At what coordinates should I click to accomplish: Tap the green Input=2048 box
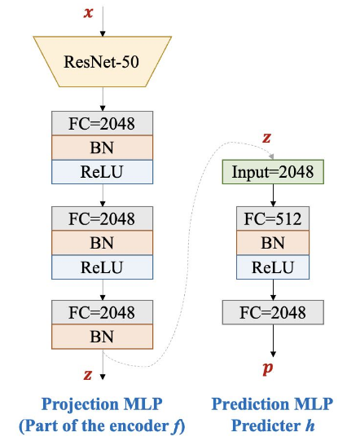pyautogui.click(x=273, y=172)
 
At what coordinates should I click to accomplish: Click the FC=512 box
pyautogui.click(x=273, y=219)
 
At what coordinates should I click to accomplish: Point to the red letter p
pyautogui.click(x=267, y=368)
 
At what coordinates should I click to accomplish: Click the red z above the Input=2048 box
pyautogui.click(x=266, y=137)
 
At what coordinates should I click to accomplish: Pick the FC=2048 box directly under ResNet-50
pyautogui.click(x=102, y=125)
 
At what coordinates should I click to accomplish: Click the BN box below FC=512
pyautogui.click(x=273, y=243)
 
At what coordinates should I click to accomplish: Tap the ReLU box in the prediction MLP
pyautogui.click(x=273, y=267)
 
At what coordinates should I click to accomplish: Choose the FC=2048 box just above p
pyautogui.click(x=273, y=312)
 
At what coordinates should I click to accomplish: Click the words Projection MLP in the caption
pyautogui.click(x=103, y=404)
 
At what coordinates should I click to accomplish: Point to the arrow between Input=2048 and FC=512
pyautogui.click(x=273, y=196)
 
